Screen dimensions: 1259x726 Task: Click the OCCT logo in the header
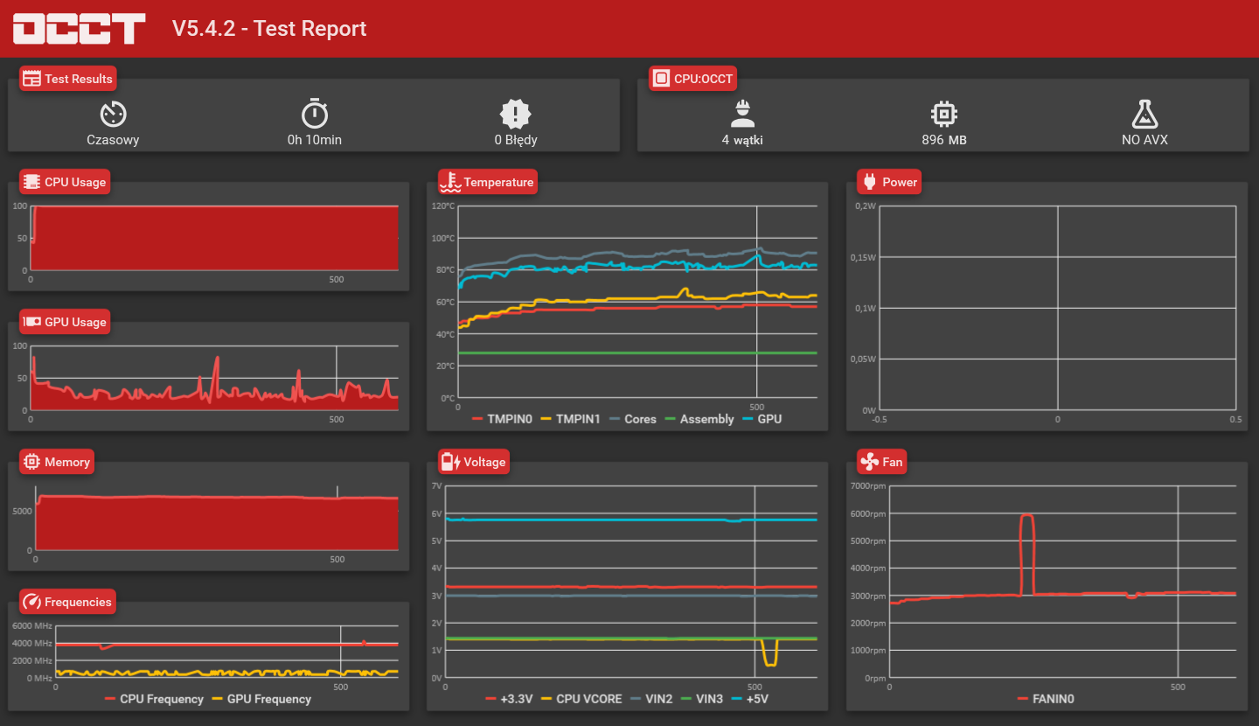80,28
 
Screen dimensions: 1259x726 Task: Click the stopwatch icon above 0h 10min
315,114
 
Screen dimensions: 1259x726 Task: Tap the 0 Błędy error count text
516,139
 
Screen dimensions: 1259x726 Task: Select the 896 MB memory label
944,139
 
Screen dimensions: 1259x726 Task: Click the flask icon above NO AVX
1145,115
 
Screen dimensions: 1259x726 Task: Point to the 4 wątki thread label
742,139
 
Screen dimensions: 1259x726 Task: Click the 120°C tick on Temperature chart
443,206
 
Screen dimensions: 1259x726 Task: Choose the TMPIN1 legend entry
570,419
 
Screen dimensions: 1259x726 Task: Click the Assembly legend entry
699,419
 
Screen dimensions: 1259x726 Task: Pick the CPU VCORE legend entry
581,699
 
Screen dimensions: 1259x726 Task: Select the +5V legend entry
750,699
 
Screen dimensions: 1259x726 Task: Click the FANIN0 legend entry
1046,699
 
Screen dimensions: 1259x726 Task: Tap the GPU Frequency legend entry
261,699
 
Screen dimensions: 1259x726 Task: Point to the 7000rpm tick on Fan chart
868,485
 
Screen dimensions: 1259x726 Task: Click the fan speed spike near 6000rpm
1026,515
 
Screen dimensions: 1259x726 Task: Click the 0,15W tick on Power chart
863,257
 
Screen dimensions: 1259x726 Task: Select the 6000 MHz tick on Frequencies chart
32,626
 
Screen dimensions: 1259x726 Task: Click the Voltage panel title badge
474,462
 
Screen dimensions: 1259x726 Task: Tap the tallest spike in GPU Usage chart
217,358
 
